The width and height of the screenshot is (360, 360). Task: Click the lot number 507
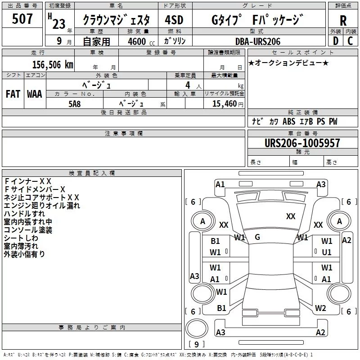click(x=22, y=19)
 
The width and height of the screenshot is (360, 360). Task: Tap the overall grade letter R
click(x=343, y=21)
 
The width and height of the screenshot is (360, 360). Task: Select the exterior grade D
click(x=336, y=41)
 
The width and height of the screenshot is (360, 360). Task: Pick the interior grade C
click(x=350, y=41)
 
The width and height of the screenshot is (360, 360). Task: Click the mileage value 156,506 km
click(x=53, y=65)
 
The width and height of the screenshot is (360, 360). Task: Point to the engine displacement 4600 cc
click(x=141, y=41)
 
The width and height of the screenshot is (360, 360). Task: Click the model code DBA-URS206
click(x=258, y=41)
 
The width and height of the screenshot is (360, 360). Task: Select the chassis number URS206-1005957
click(x=302, y=143)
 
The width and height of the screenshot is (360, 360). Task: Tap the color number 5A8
click(x=75, y=104)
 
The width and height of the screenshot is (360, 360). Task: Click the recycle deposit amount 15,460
click(x=224, y=104)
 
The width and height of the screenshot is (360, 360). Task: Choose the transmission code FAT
click(x=13, y=94)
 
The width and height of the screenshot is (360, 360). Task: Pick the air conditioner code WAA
click(x=35, y=94)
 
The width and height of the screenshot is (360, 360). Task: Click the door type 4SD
click(x=174, y=20)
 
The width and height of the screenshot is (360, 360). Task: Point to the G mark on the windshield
click(x=257, y=237)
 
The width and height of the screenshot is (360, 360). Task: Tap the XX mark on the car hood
click(x=291, y=216)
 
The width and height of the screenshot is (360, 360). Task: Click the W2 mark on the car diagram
click(x=320, y=308)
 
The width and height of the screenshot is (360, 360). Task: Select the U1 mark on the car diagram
click(x=327, y=252)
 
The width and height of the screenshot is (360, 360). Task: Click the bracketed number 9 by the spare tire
click(x=196, y=344)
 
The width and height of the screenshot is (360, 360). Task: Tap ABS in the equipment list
click(x=289, y=121)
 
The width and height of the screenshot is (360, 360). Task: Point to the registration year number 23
click(x=59, y=24)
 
